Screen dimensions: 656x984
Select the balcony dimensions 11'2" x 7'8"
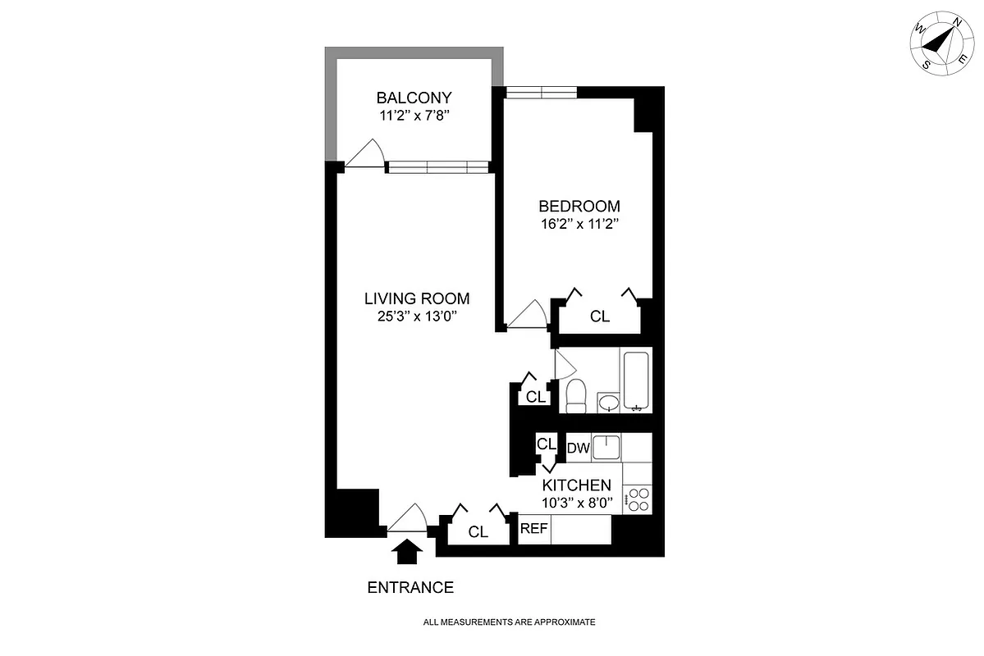[414, 116]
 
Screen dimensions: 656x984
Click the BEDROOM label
[579, 206]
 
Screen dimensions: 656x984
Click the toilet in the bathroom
[575, 395]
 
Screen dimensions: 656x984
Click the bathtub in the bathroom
[636, 380]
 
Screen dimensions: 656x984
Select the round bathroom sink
[608, 403]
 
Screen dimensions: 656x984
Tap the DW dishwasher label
[579, 448]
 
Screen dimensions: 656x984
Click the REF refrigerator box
[533, 529]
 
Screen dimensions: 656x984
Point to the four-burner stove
[637, 499]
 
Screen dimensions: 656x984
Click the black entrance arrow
[407, 551]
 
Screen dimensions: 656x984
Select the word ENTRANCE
[410, 587]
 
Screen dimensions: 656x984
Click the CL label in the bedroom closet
[600, 317]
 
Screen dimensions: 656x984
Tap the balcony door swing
[364, 153]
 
